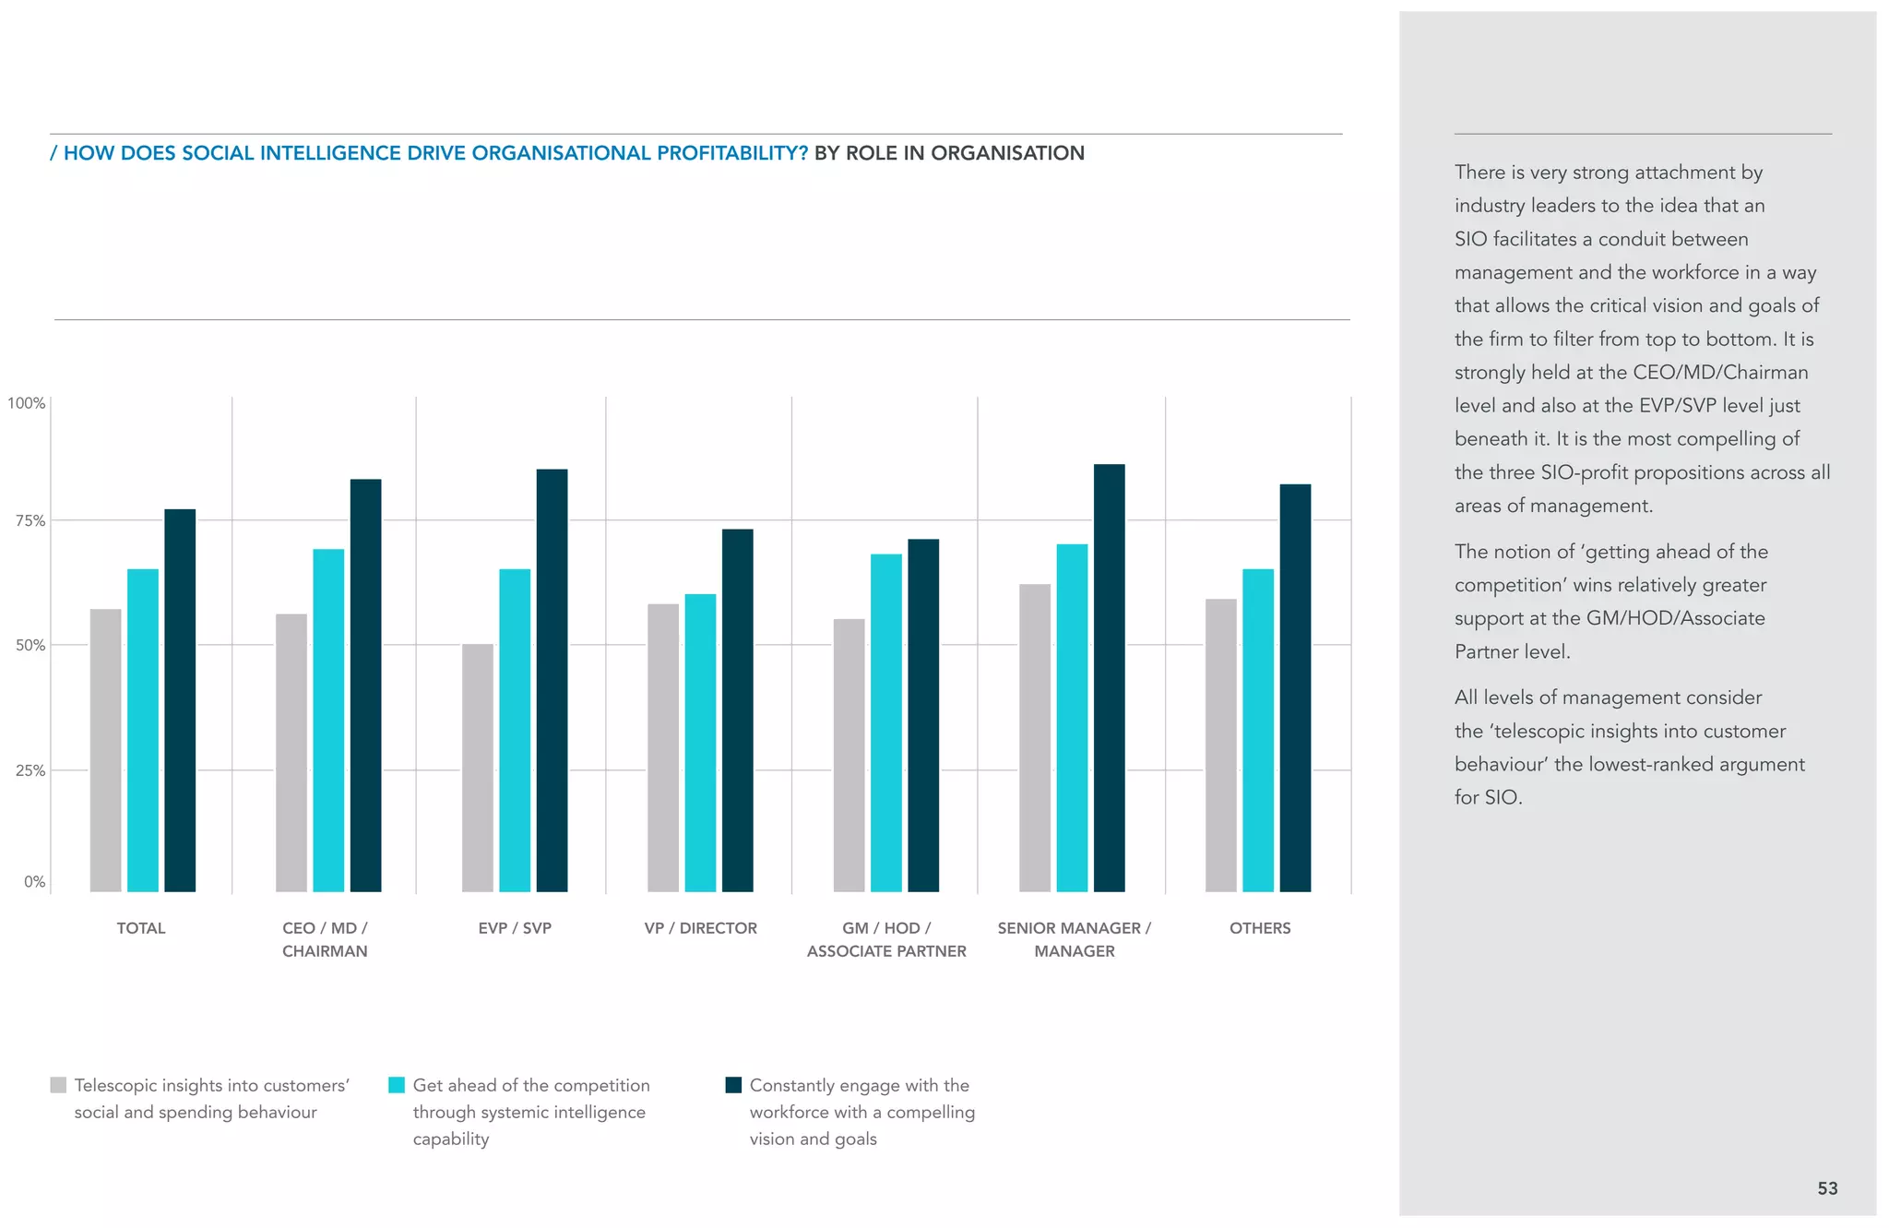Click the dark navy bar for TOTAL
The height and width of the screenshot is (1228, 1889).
pyautogui.click(x=180, y=701)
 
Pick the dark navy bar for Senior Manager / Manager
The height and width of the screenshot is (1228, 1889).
pyautogui.click(x=1110, y=678)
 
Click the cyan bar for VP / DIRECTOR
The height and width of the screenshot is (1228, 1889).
pyautogui.click(x=700, y=743)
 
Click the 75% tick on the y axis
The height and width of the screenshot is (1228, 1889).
pyautogui.click(x=30, y=521)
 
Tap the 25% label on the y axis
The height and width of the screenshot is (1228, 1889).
pyautogui.click(x=30, y=770)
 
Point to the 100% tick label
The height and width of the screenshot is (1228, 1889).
pyautogui.click(x=27, y=403)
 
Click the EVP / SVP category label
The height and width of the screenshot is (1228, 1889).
pyautogui.click(x=515, y=928)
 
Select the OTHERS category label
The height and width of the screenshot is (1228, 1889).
pyautogui.click(x=1260, y=928)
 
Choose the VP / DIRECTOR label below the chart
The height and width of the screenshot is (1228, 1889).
pyautogui.click(x=700, y=928)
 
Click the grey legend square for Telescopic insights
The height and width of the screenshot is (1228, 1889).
pyautogui.click(x=58, y=1085)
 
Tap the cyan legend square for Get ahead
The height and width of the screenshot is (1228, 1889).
pyautogui.click(x=397, y=1085)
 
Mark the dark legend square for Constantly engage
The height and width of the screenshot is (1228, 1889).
pyautogui.click(x=733, y=1085)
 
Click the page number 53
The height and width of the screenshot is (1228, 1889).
pyautogui.click(x=1827, y=1188)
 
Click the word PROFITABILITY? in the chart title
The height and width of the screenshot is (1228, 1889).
pyautogui.click(x=732, y=153)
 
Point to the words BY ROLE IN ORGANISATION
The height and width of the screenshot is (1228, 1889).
pyautogui.click(x=949, y=153)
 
